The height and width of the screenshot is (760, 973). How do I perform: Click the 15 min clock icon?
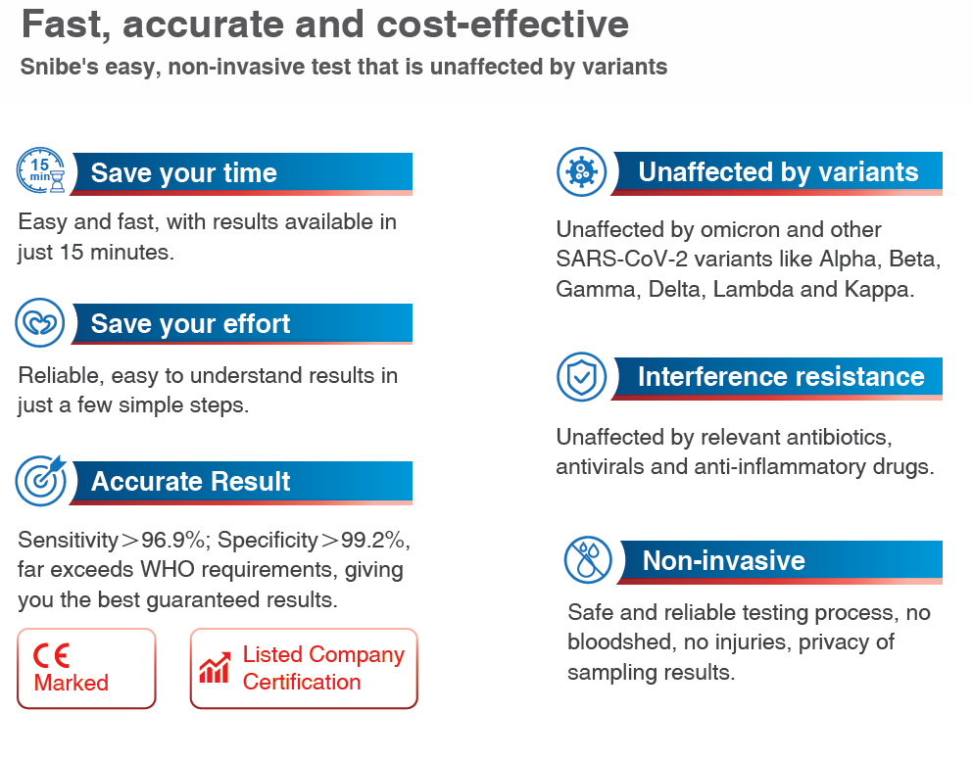pos(41,172)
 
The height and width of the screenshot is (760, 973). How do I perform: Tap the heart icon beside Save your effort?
pos(41,323)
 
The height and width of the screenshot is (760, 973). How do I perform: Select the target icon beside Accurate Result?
pos(41,480)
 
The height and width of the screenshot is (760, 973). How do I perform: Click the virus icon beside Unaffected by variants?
pos(581,172)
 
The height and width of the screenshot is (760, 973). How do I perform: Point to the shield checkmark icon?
pos(581,377)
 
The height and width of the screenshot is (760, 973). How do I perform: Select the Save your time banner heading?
pos(184,173)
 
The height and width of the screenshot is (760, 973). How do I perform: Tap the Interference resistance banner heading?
pos(781,377)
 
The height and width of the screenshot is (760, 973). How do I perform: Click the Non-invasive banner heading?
pos(724,560)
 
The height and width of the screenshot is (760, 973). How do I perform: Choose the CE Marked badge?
pos(86,668)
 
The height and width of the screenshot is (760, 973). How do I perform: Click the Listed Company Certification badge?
pos(304,668)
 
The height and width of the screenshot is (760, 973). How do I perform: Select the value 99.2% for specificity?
pos(385,540)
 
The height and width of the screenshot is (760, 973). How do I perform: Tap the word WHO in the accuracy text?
pos(172,570)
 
